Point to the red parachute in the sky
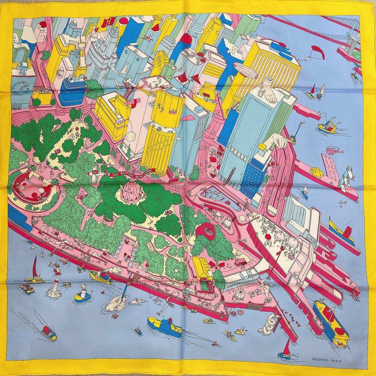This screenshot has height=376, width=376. [318, 51]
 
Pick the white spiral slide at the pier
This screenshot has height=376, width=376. [268, 322]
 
